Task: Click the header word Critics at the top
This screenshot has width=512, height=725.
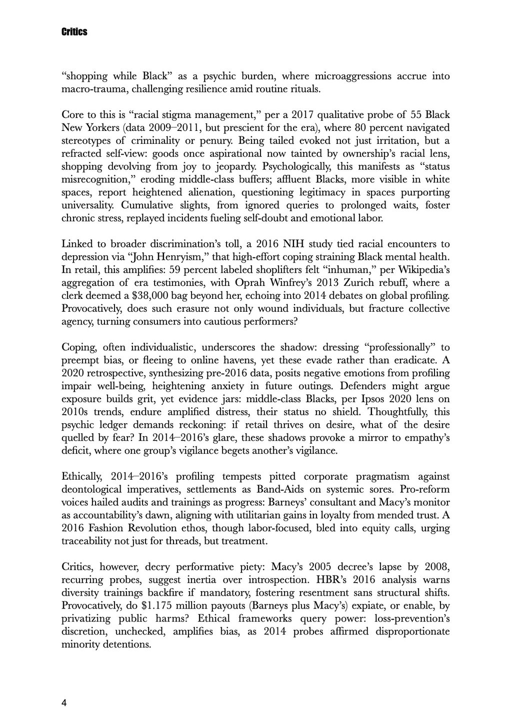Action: (74, 32)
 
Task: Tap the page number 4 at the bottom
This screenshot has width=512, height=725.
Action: (64, 704)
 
